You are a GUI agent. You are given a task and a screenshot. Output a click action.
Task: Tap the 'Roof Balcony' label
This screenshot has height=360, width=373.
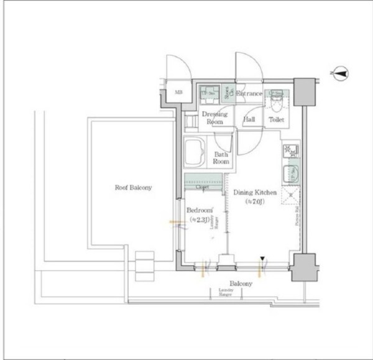tap(132, 187)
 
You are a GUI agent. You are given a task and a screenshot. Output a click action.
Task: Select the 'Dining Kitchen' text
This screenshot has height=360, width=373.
tap(255, 193)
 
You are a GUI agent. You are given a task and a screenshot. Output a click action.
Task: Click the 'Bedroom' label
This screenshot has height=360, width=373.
tap(200, 210)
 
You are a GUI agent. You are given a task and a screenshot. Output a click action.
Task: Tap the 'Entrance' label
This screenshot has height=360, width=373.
tap(249, 94)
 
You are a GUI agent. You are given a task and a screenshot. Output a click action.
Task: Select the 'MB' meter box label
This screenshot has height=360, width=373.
tap(178, 93)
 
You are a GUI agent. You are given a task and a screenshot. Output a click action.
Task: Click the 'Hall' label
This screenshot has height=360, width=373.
tap(249, 119)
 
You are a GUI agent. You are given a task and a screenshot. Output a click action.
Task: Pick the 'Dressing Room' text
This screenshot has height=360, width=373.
tap(214, 118)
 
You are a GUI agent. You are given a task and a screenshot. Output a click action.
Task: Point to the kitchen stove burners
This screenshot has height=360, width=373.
tap(290, 152)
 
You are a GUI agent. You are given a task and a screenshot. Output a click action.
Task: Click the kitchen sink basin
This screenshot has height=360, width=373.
tap(290, 173)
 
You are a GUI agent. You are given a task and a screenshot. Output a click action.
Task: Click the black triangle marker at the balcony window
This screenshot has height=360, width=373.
tap(263, 259)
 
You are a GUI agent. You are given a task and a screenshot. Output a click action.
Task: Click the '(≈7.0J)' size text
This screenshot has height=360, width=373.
tap(255, 202)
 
